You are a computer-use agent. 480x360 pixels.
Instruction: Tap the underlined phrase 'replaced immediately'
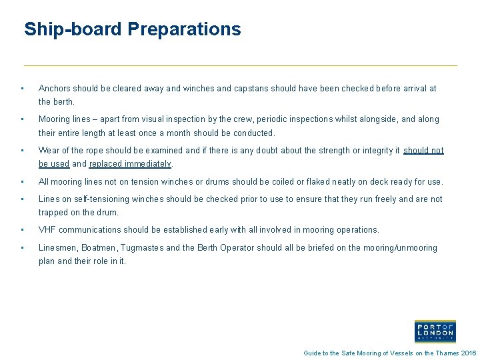point(131,164)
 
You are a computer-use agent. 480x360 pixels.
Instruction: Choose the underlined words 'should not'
point(423,151)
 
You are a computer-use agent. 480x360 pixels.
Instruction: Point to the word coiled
point(281,181)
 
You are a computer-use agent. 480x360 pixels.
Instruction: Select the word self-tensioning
point(98,199)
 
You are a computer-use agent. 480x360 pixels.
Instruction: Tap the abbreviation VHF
point(47,230)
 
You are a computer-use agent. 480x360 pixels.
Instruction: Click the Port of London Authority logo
point(435,331)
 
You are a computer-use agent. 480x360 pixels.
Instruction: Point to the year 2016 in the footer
point(469,353)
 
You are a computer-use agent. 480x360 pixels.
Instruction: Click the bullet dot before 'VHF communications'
point(23,230)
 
